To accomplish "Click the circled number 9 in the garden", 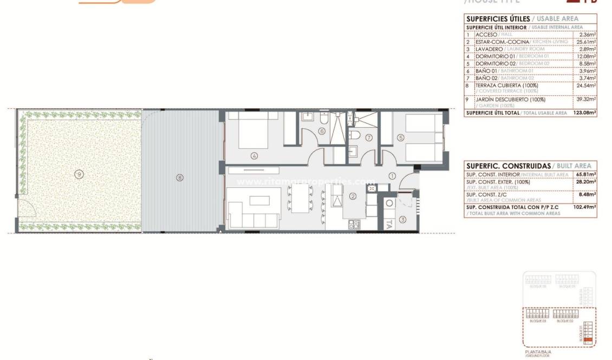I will click(x=79, y=174).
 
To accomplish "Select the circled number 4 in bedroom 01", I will click(x=254, y=156).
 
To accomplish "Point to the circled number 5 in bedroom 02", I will click(x=401, y=138).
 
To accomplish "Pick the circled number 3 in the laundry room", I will click(x=402, y=219).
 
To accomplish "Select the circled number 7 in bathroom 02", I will click(x=369, y=138).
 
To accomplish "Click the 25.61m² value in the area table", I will click(x=587, y=42).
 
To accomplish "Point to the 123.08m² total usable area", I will click(x=584, y=113).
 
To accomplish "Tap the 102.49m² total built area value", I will click(x=584, y=207).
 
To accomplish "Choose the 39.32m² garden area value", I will click(x=587, y=99).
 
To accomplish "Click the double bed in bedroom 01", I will click(x=253, y=132).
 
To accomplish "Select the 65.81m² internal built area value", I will click(x=586, y=174).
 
